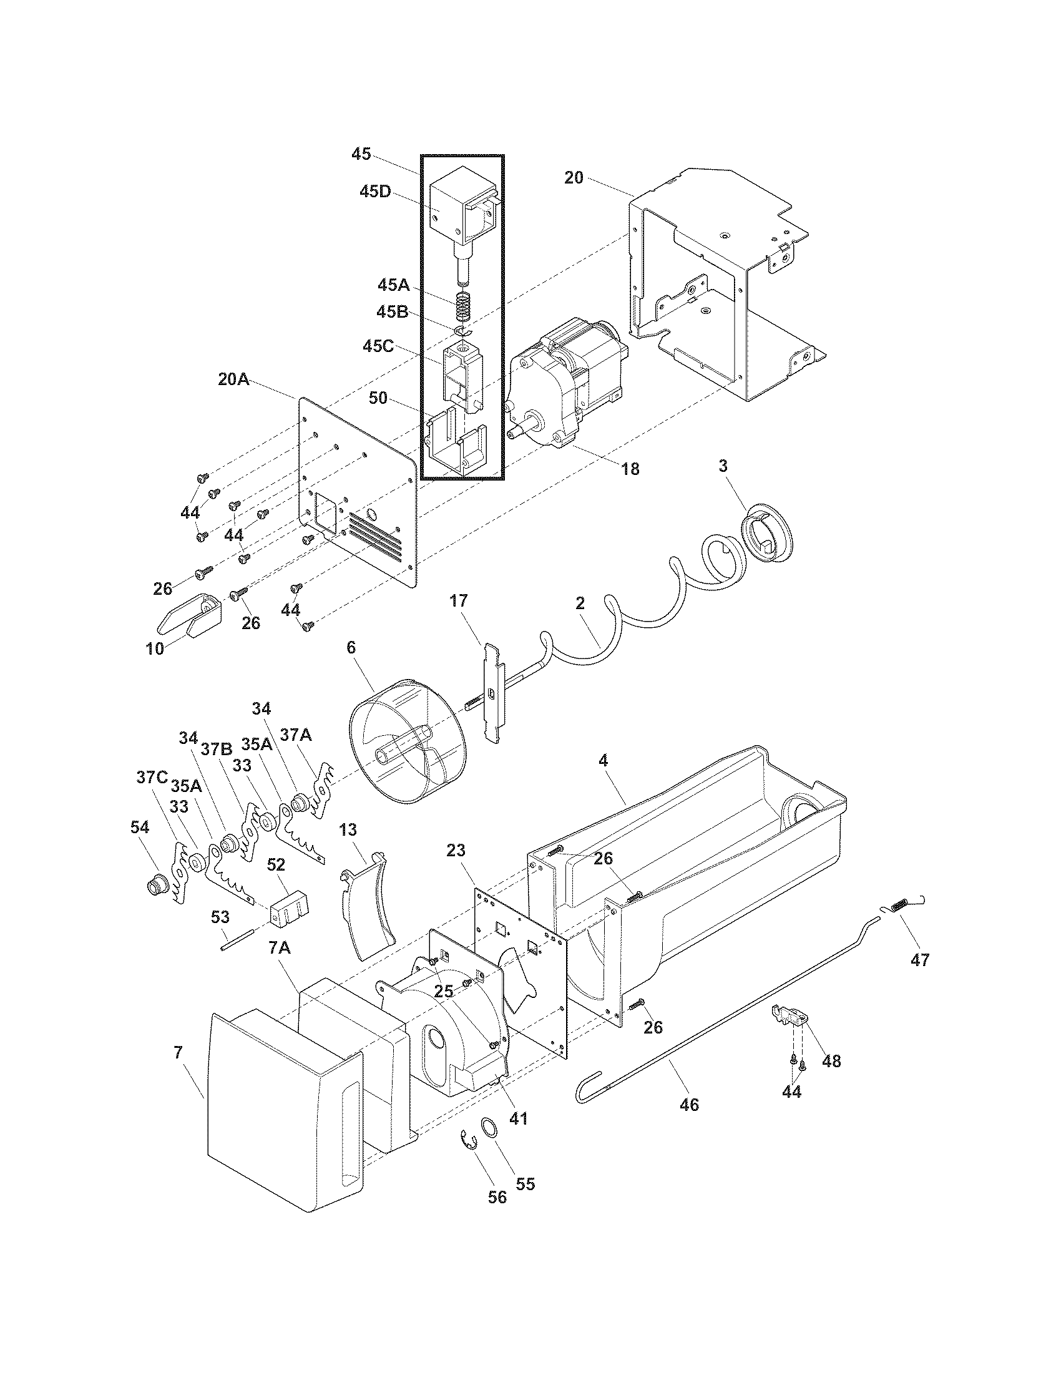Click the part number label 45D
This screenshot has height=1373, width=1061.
375,192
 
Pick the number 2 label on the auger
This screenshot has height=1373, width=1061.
580,603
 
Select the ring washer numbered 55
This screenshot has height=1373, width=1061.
489,1125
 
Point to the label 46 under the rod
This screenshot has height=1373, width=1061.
689,1105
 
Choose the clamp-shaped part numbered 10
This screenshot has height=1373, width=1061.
188,615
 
